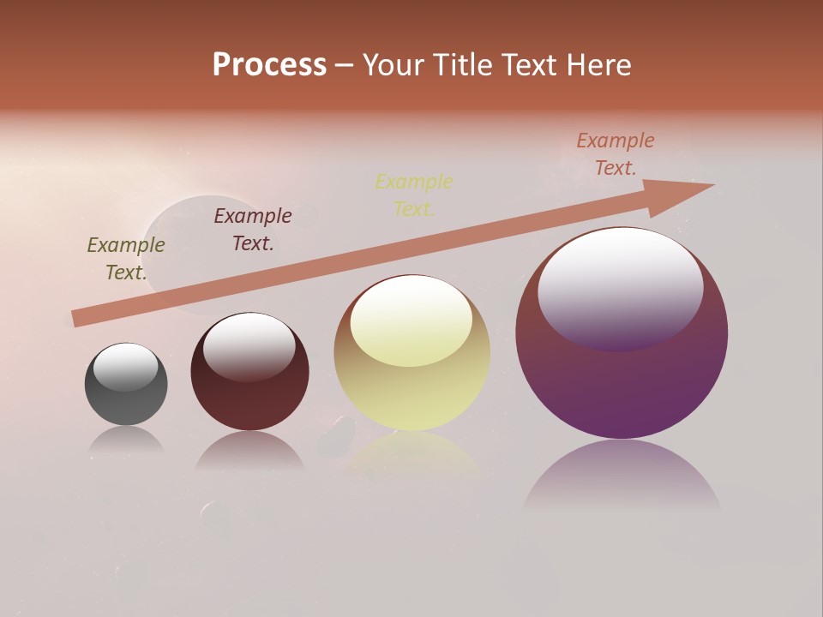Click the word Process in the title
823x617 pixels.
[269, 65]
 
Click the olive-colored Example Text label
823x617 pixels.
[126, 258]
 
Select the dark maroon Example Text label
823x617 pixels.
[253, 229]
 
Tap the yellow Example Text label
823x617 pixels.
[414, 195]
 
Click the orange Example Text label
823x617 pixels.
[616, 153]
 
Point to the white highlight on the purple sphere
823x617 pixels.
[620, 287]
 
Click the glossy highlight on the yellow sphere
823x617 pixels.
[411, 319]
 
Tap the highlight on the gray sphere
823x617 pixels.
[126, 366]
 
